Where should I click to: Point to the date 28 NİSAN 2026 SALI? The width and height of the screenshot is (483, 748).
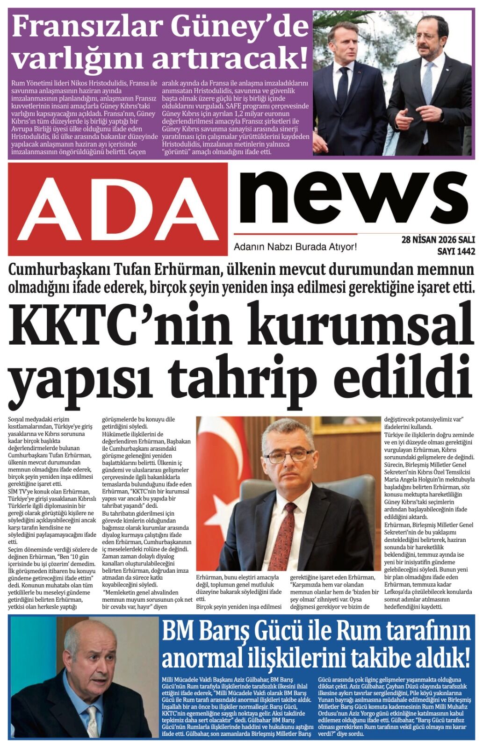(438, 240)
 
